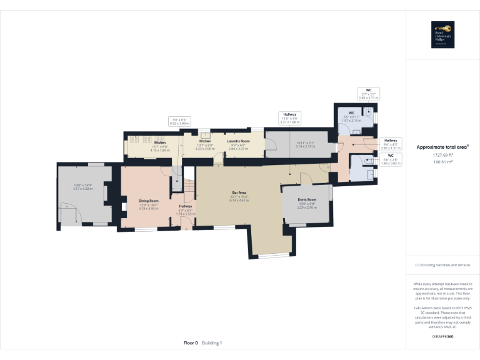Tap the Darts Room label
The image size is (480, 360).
pyautogui.click(x=306, y=199)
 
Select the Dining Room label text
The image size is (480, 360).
pyautogui.click(x=149, y=201)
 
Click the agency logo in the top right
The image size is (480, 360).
pyautogui.click(x=442, y=34)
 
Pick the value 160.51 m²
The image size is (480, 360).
pyautogui.click(x=442, y=161)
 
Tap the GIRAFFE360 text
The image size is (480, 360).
pyautogui.click(x=442, y=337)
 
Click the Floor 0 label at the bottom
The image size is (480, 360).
pyautogui.click(x=191, y=342)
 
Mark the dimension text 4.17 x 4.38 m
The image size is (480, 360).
pyautogui.click(x=82, y=187)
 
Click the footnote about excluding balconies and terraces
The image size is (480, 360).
pyautogui.click(x=442, y=265)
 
